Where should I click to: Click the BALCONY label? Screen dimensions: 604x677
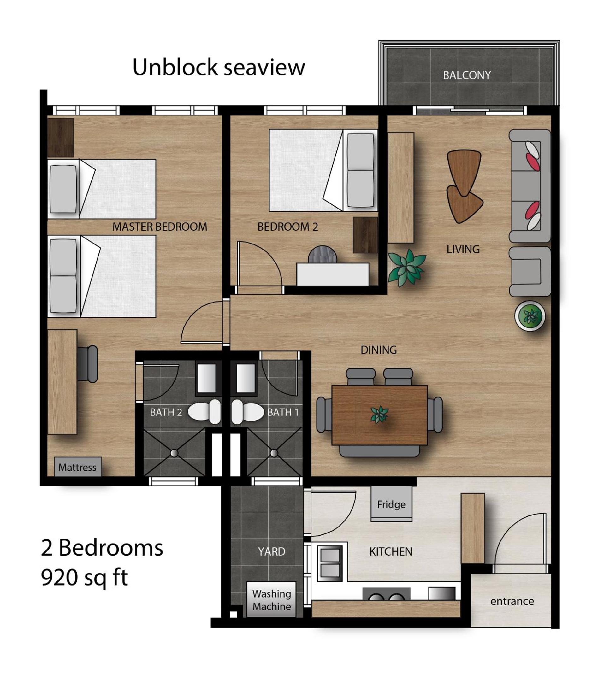pyautogui.click(x=467, y=75)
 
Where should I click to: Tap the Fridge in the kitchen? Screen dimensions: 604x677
pyautogui.click(x=391, y=504)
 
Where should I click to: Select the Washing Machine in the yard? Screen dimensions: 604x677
pyautogui.click(x=271, y=600)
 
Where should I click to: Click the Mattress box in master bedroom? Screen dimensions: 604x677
pyautogui.click(x=78, y=467)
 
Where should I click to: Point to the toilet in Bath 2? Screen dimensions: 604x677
pyautogui.click(x=204, y=412)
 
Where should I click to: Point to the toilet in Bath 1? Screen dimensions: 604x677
pyautogui.click(x=248, y=412)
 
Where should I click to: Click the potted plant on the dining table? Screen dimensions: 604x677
pyautogui.click(x=379, y=415)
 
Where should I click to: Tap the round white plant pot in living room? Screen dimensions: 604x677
pyautogui.click(x=530, y=316)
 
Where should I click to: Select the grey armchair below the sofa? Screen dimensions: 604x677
pyautogui.click(x=530, y=271)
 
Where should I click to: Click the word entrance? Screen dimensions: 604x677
pyautogui.click(x=512, y=601)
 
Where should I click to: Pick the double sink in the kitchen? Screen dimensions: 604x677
pyautogui.click(x=330, y=563)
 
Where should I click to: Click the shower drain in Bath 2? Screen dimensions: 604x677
pyautogui.click(x=174, y=453)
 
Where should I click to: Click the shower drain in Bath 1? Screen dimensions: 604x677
pyautogui.click(x=274, y=453)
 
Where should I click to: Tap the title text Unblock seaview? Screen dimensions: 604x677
pyautogui.click(x=218, y=67)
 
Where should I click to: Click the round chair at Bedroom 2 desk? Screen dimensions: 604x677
pyautogui.click(x=322, y=255)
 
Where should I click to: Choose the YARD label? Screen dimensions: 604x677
pyautogui.click(x=271, y=551)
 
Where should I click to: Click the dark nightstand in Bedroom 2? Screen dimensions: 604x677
pyautogui.click(x=365, y=235)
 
